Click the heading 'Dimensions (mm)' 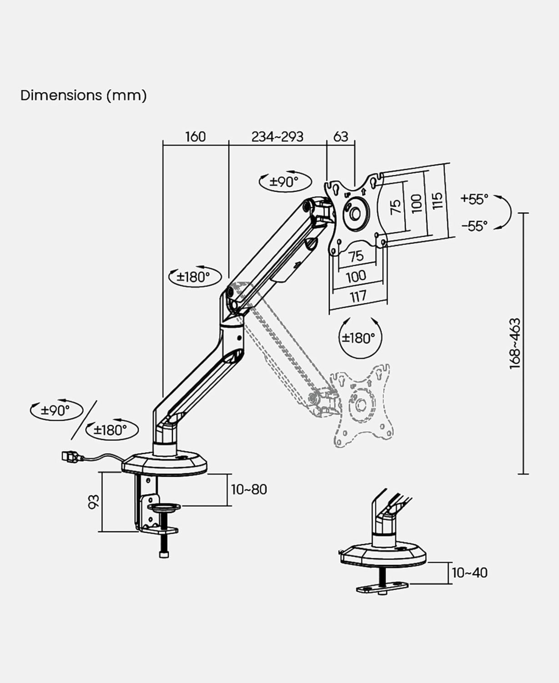pyautogui.click(x=83, y=95)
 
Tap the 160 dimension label pyautogui.click(x=195, y=137)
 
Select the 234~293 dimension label pyautogui.click(x=277, y=137)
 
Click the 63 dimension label pyautogui.click(x=341, y=137)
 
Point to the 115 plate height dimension pyautogui.click(x=437, y=201)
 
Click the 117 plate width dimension pyautogui.click(x=358, y=297)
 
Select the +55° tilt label pyautogui.click(x=474, y=199)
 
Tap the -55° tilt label pyautogui.click(x=474, y=225)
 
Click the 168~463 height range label pyautogui.click(x=515, y=343)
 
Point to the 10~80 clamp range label pyautogui.click(x=249, y=489)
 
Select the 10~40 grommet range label pyautogui.click(x=469, y=572)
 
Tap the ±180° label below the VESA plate pyautogui.click(x=358, y=338)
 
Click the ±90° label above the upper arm pyautogui.click(x=284, y=182)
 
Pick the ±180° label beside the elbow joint pyautogui.click(x=193, y=276)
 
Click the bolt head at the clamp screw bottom pyautogui.click(x=164, y=554)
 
